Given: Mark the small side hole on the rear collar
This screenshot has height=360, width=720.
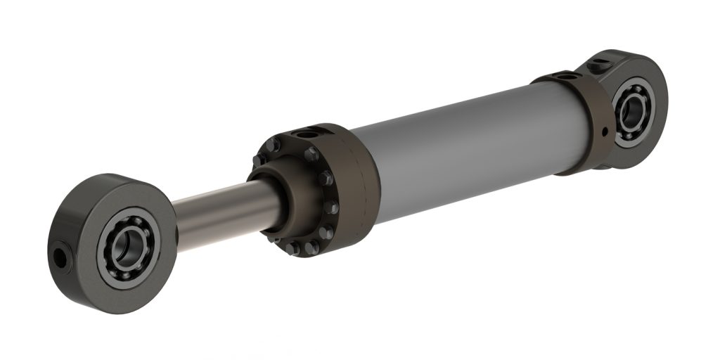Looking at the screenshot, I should pos(603,131).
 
